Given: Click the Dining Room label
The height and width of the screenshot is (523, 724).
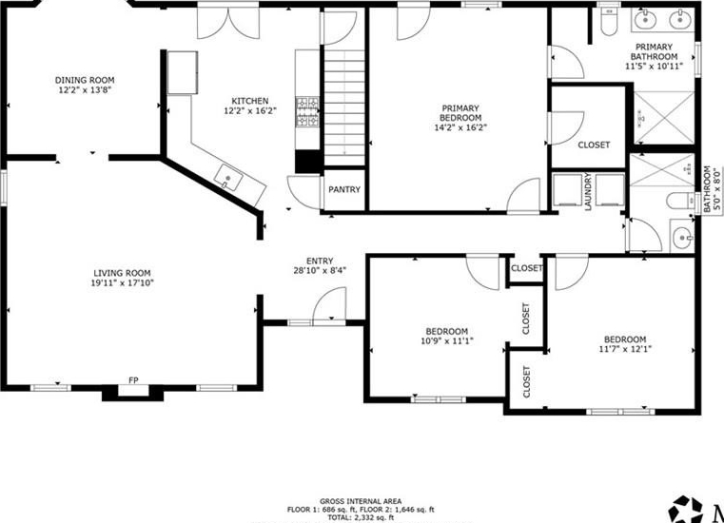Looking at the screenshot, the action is coord(85,80).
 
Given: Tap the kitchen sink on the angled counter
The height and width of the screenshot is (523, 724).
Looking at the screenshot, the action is coord(229,177).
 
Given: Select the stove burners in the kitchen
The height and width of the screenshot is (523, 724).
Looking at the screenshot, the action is coord(307,111).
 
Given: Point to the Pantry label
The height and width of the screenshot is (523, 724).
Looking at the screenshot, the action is coord(344,190).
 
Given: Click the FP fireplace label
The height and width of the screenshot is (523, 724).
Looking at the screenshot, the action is coord(133,380).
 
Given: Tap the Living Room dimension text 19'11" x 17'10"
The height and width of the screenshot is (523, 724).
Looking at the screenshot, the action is coord(123,283).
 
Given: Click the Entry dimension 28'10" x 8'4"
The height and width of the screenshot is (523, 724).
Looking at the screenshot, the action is coord(320,271).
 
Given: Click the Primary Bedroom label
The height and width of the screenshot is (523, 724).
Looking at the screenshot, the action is coord(460,113).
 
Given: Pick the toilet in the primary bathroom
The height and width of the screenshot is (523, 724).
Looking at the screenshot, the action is coord(610,22).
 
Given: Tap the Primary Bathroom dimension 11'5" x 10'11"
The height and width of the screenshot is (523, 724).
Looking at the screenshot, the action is coord(654,66).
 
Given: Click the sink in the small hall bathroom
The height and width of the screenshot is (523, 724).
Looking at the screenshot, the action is coord(682,237).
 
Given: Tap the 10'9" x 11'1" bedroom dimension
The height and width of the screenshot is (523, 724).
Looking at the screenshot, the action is coord(447,341).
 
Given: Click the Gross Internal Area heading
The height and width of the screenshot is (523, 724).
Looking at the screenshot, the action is coord(361,501).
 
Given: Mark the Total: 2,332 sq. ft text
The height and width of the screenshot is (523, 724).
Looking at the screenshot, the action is coord(361,518).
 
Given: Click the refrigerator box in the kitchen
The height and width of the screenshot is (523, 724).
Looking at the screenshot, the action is coord(183,73).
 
